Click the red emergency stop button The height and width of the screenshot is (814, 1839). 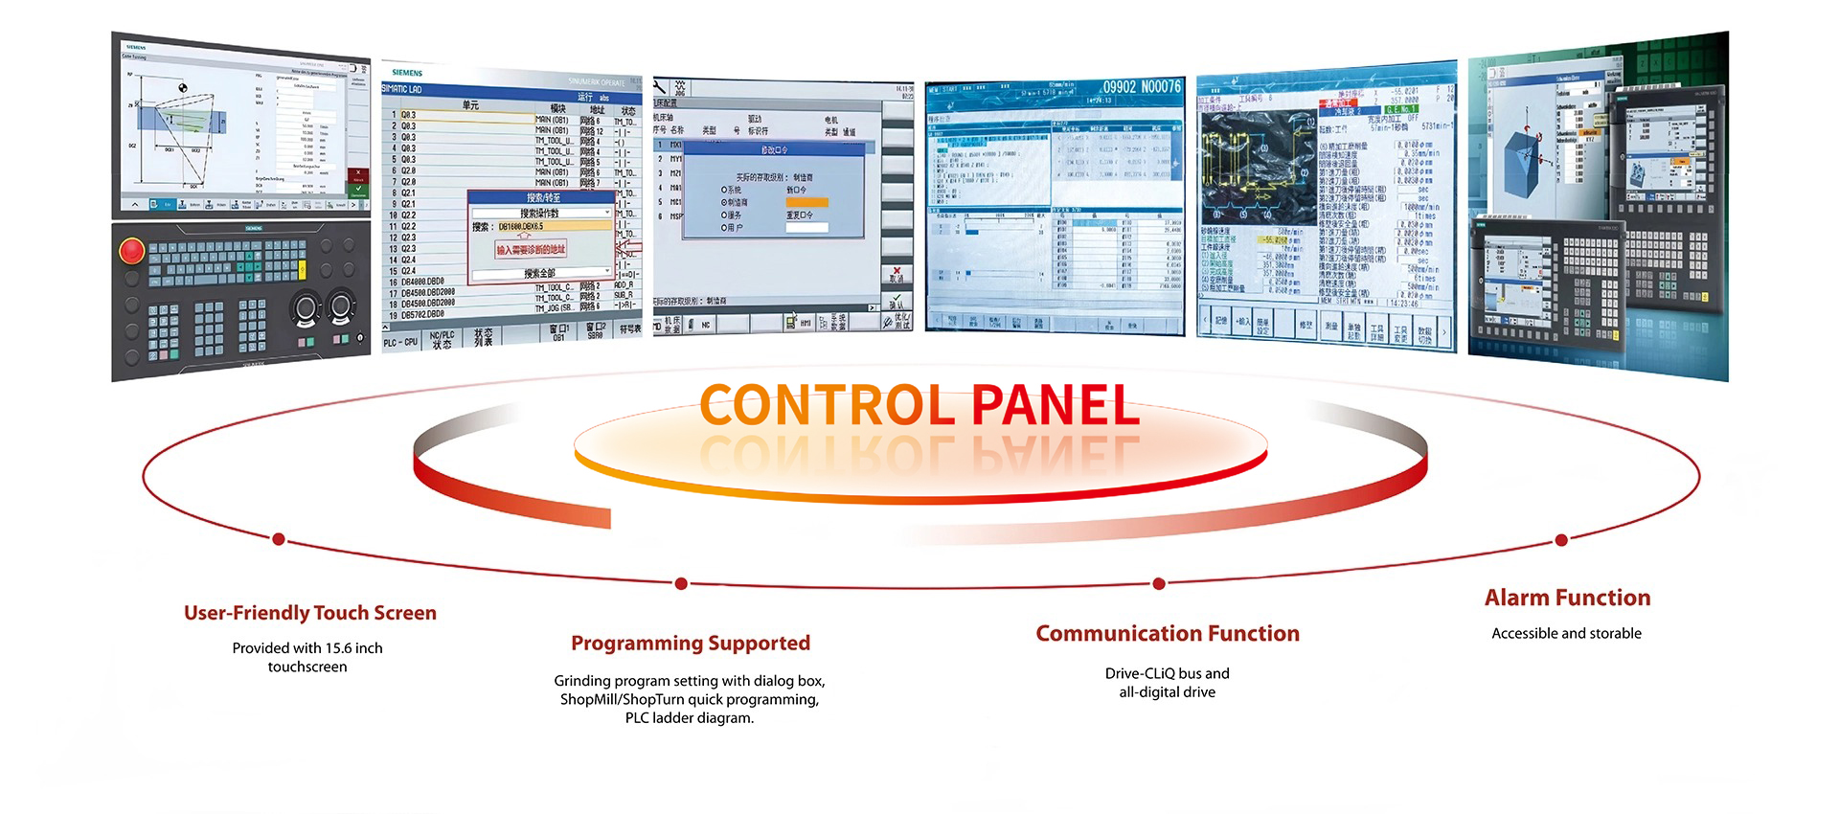click(x=131, y=252)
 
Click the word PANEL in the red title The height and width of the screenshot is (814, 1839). click(x=1055, y=405)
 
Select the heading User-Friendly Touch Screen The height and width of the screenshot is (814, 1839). click(x=309, y=613)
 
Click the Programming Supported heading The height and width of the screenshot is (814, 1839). click(x=690, y=644)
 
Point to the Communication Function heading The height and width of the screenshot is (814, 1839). click(x=1167, y=634)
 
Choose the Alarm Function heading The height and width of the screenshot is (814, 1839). click(x=1567, y=599)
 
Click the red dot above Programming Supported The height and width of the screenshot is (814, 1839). click(x=681, y=583)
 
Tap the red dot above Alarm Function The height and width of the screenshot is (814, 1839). click(x=1561, y=540)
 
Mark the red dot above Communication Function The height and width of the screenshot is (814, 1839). click(x=1159, y=583)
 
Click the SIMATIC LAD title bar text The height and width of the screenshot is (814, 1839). click(x=402, y=89)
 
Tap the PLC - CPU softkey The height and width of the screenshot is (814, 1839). click(x=400, y=342)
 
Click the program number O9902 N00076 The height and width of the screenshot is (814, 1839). click(x=1141, y=87)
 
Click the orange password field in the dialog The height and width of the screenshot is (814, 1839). click(x=806, y=202)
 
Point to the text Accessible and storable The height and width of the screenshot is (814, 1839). click(x=1566, y=634)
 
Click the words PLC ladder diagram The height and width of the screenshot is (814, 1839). click(x=689, y=718)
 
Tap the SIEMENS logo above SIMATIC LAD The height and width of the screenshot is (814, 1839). click(x=407, y=73)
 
